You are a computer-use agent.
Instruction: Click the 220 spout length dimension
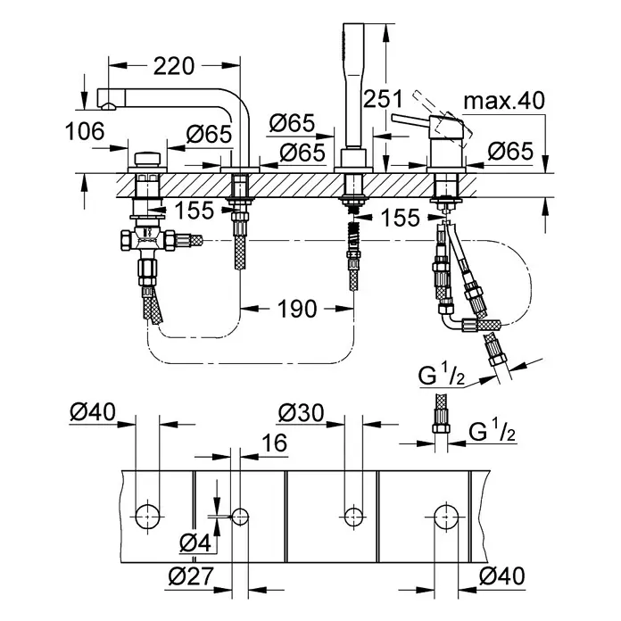tap(173, 65)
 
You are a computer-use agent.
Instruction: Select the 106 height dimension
tap(86, 132)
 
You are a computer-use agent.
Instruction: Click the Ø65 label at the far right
tap(509, 153)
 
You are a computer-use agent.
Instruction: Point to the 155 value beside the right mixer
tap(399, 218)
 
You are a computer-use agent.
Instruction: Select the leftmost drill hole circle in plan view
tap(145, 513)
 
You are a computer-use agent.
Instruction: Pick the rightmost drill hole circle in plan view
tap(446, 514)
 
